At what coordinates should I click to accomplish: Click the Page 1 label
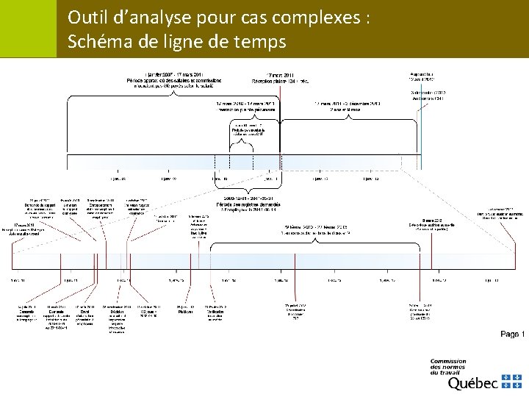point(512,334)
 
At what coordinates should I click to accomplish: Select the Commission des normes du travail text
point(447,366)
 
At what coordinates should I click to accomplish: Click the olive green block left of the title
point(28,28)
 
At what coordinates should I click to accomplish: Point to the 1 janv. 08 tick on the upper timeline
point(118,178)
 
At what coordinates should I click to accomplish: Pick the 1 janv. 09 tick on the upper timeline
point(168,178)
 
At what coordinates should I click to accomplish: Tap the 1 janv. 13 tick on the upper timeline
point(370,178)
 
